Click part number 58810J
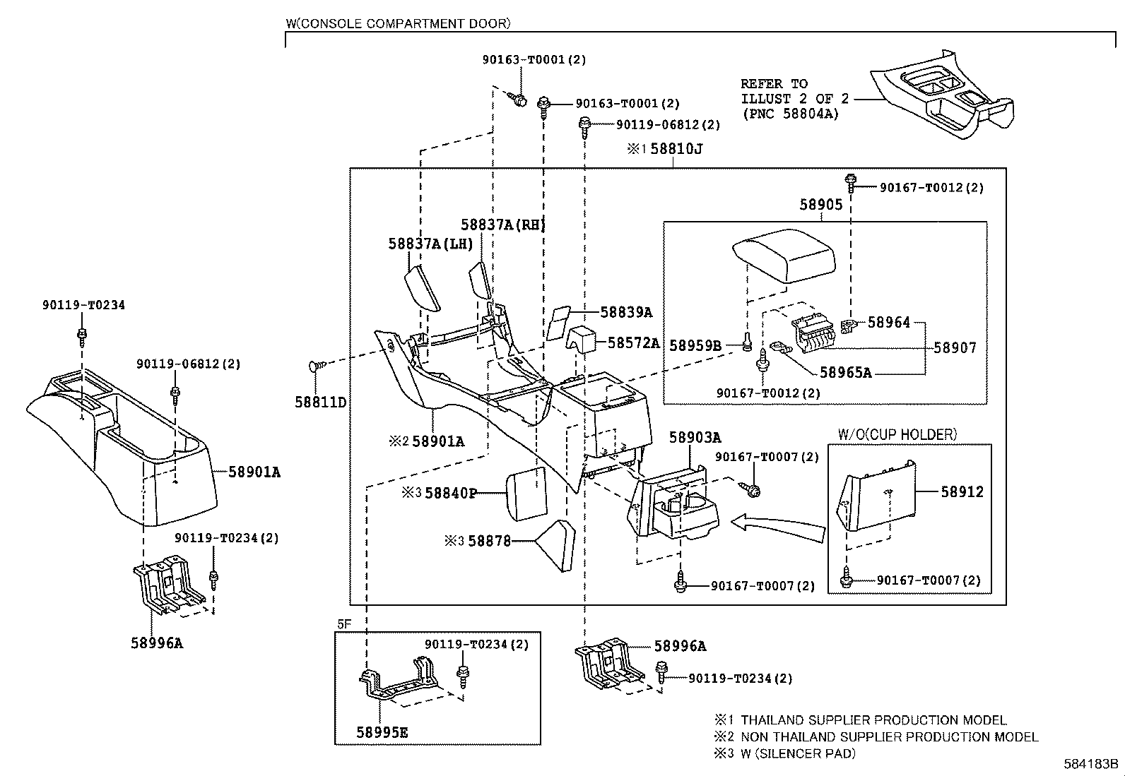676,149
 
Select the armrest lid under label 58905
784,256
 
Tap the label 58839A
626,312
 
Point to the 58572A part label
633,343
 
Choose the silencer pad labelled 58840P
526,494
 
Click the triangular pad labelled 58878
555,546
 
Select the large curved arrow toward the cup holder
777,529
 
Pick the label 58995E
382,733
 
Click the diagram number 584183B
1090,763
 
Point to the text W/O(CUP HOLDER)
897,435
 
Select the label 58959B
695,346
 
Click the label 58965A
846,372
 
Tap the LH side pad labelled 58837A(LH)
422,288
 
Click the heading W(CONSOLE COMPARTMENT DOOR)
399,23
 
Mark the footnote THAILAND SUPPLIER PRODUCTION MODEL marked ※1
874,720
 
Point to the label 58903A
695,438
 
